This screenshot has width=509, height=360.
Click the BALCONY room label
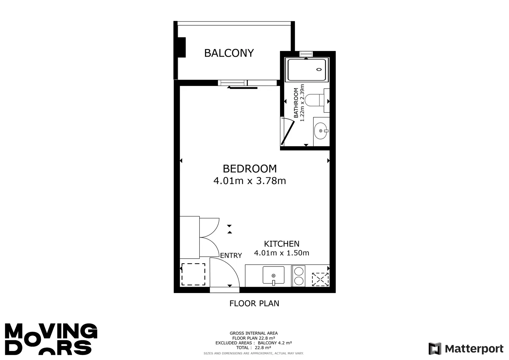pyautogui.click(x=229, y=53)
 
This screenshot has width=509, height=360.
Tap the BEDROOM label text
pyautogui.click(x=250, y=169)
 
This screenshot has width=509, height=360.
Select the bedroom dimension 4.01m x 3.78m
pyautogui.click(x=250, y=181)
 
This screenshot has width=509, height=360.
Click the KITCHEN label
pyautogui.click(x=282, y=244)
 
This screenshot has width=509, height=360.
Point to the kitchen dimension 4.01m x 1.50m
pyautogui.click(x=282, y=253)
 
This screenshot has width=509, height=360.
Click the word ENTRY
pyautogui.click(x=231, y=255)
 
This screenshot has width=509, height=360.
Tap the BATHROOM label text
pyautogui.click(x=296, y=103)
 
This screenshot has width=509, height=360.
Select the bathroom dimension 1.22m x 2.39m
pyautogui.click(x=302, y=103)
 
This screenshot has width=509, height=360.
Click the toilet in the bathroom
pyautogui.click(x=314, y=100)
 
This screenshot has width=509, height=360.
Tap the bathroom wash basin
pyautogui.click(x=321, y=131)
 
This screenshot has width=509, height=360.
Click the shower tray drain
pyautogui.click(x=319, y=70)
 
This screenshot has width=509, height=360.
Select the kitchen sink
pyautogui.click(x=274, y=275)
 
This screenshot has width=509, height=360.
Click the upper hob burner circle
pyautogui.click(x=299, y=271)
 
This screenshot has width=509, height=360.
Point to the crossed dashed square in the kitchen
pyautogui.click(x=320, y=279)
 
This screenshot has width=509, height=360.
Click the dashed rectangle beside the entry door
pyautogui.click(x=193, y=274)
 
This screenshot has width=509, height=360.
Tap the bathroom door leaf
pyautogui.click(x=288, y=133)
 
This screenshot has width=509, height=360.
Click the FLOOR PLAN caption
pyautogui.click(x=254, y=304)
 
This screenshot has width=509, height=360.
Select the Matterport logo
pyautogui.click(x=466, y=349)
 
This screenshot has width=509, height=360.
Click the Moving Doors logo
pyautogui.click(x=51, y=339)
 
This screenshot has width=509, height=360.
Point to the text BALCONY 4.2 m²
pyautogui.click(x=275, y=343)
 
